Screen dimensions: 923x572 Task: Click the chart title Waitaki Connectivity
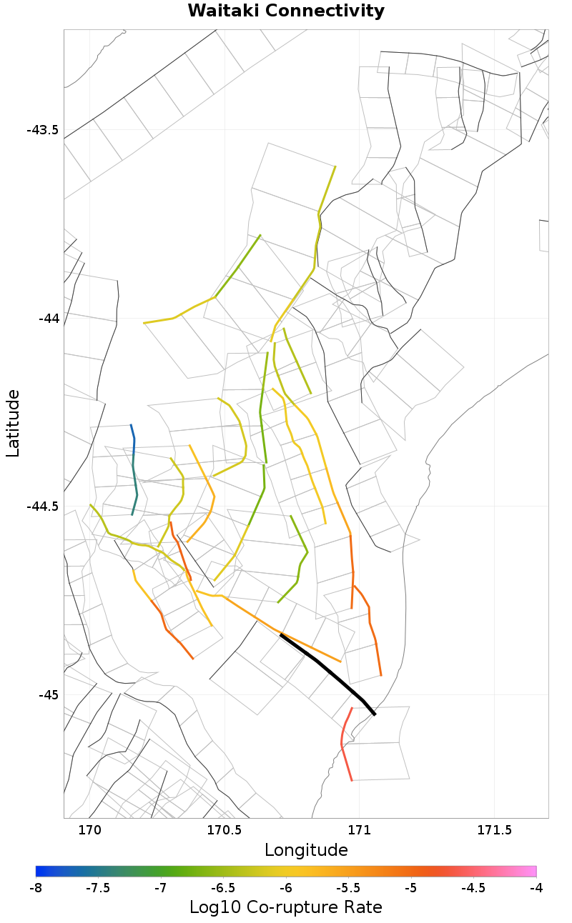[286, 11]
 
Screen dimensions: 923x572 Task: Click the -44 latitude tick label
[48, 318]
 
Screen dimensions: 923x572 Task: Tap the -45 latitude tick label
[48, 694]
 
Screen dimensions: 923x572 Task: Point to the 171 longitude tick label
[357, 830]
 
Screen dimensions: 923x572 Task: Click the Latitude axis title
[13, 423]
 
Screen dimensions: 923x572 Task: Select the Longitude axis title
[306, 850]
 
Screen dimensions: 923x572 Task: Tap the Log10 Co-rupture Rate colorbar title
[286, 907]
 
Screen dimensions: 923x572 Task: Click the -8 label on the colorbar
[36, 888]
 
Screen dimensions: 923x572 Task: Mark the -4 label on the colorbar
[536, 888]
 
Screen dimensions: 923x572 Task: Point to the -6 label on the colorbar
[286, 888]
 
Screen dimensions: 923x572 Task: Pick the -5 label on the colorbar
[411, 888]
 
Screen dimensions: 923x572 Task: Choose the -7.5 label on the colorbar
[98, 888]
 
